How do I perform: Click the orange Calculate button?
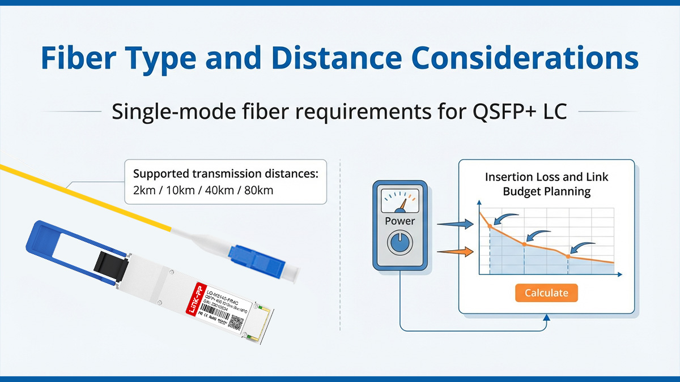coord(546,293)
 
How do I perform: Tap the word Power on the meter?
coord(399,221)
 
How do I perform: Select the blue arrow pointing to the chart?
coord(454,226)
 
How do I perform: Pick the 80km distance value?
coord(258,190)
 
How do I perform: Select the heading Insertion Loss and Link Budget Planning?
coord(546,184)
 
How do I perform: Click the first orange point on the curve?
coord(490,226)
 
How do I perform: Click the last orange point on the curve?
coord(568,256)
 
